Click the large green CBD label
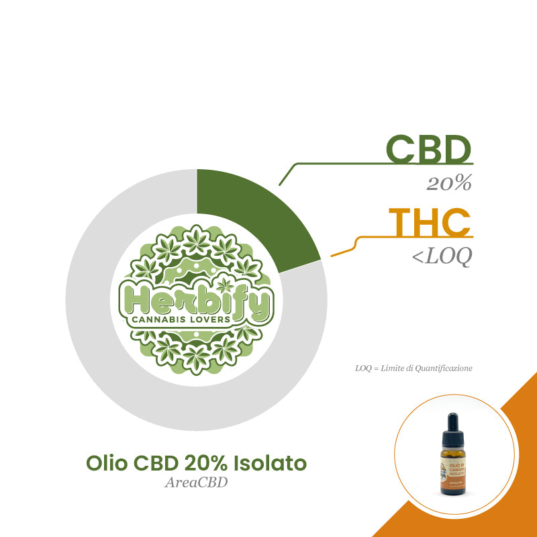(x=429, y=150)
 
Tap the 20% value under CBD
(x=449, y=183)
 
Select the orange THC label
(x=430, y=223)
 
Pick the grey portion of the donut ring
(x=134, y=376)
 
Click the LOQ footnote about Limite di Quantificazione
(x=413, y=369)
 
